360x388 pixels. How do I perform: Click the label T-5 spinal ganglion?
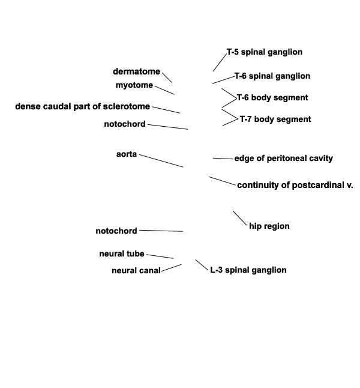(x=265, y=52)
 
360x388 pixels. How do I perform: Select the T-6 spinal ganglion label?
(x=272, y=76)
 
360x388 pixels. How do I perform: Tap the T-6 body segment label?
(x=272, y=97)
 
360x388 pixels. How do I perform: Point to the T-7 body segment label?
(x=275, y=120)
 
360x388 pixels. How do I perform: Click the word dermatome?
(x=136, y=71)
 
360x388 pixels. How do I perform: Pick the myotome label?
(x=134, y=85)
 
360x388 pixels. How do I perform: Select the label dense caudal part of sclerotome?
(x=83, y=106)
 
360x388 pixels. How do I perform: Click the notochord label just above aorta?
(x=125, y=124)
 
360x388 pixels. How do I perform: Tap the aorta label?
(x=127, y=154)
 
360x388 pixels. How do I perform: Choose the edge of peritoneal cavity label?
(x=284, y=159)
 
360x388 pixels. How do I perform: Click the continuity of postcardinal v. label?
(x=295, y=185)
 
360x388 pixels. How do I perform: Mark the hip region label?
(x=269, y=226)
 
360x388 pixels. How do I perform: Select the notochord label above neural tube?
(x=116, y=231)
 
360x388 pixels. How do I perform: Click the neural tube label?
(x=122, y=254)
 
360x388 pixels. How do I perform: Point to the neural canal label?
(x=136, y=270)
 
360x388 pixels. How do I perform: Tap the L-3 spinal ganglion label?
(x=248, y=270)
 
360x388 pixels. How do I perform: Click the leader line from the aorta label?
(x=161, y=161)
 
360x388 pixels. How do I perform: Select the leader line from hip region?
(x=240, y=218)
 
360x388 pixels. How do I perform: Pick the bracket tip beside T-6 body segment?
(x=236, y=98)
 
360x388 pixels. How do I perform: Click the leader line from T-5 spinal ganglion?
(x=220, y=62)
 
